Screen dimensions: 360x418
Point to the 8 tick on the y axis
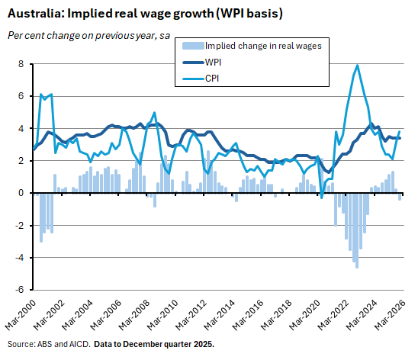21,64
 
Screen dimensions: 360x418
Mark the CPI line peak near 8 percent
357,66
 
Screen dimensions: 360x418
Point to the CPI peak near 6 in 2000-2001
41,95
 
